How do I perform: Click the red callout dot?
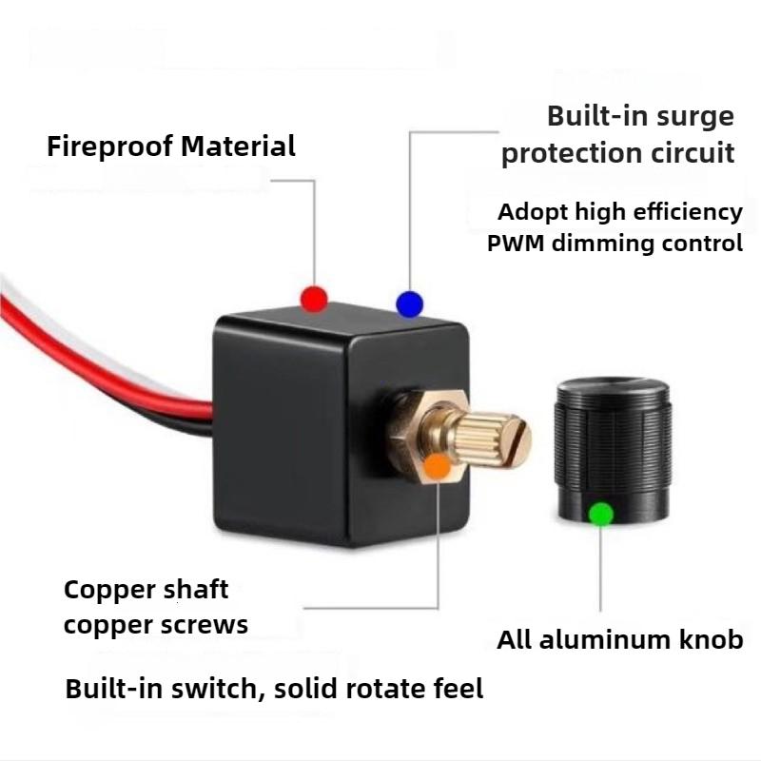click(314, 299)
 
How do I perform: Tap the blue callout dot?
click(409, 303)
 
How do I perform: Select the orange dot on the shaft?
click(439, 465)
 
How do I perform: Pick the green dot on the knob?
click(600, 515)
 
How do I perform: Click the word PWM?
click(518, 244)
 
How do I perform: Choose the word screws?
click(207, 625)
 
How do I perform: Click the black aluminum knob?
click(613, 447)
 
